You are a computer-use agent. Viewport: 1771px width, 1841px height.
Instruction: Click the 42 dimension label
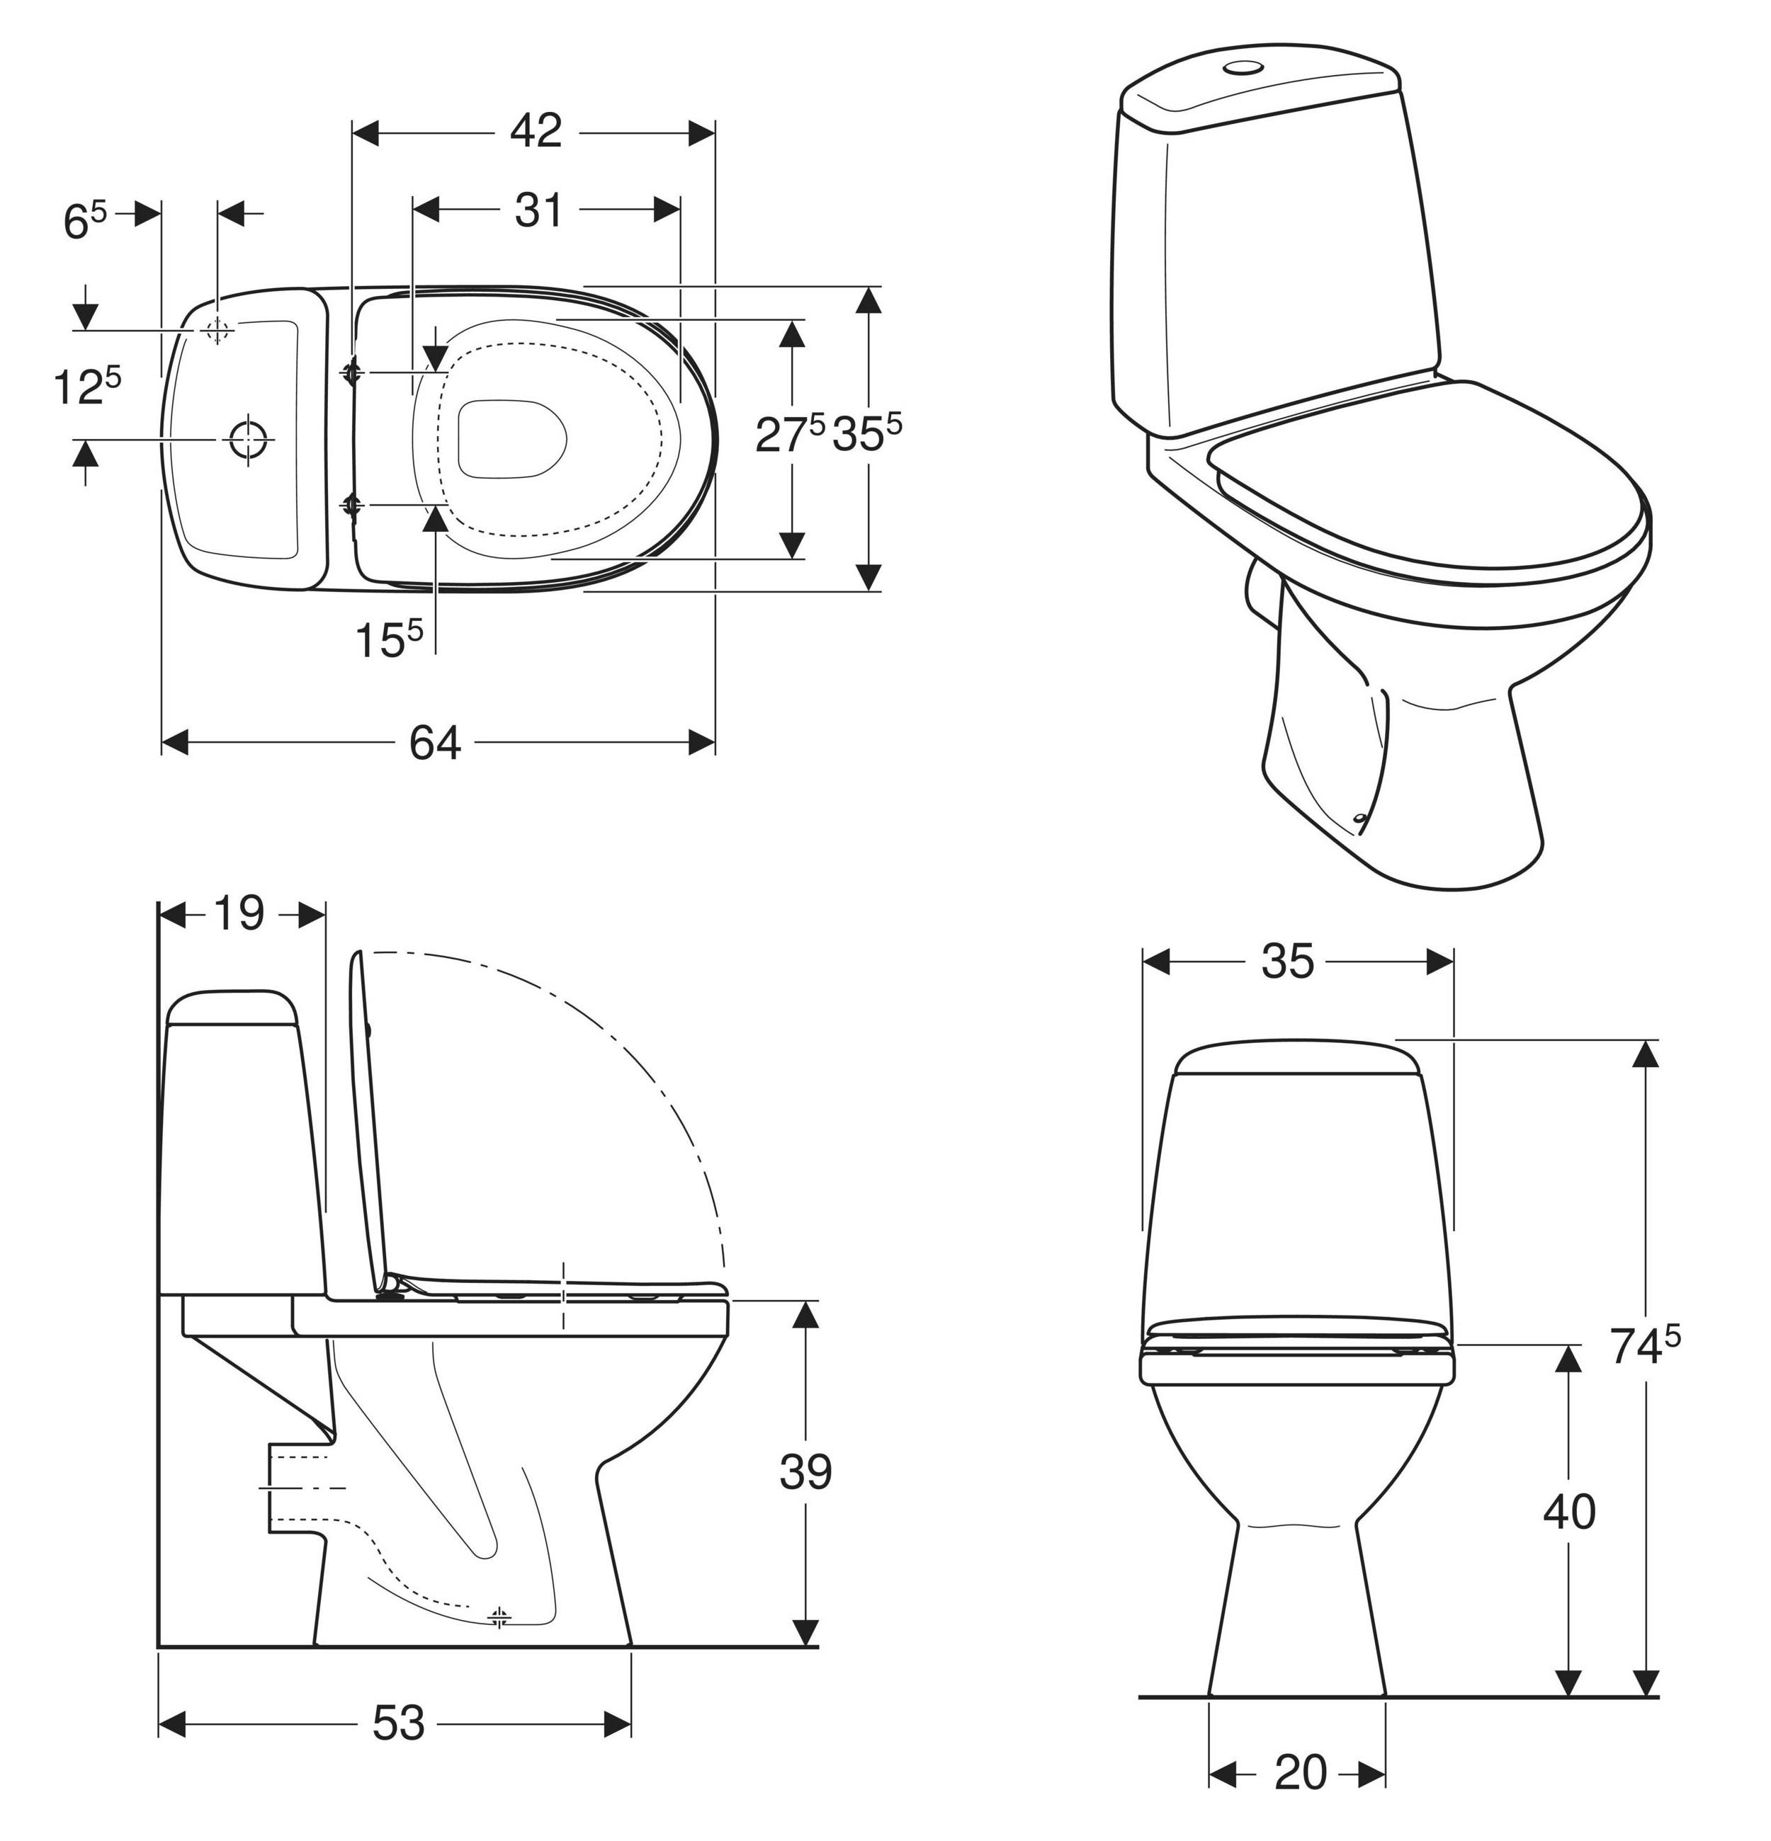tap(536, 132)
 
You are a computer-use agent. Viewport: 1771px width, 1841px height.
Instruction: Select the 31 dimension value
tap(538, 210)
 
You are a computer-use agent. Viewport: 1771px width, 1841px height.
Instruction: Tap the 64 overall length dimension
tap(435, 743)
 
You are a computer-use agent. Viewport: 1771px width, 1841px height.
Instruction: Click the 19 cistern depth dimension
tap(239, 913)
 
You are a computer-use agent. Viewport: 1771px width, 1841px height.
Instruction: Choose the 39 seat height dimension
tap(805, 1472)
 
